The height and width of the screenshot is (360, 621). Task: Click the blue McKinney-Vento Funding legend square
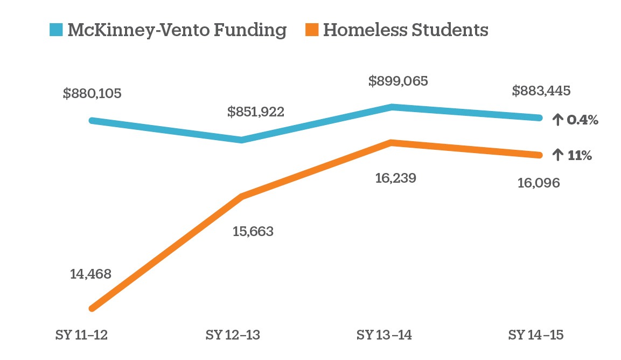click(x=56, y=30)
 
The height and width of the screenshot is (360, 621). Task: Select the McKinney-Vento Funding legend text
click(x=177, y=30)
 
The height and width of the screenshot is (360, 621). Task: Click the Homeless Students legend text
click(x=405, y=30)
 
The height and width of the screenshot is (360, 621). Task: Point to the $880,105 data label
click(x=92, y=93)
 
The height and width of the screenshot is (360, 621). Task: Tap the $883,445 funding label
click(x=541, y=91)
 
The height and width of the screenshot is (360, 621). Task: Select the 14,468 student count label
click(x=90, y=274)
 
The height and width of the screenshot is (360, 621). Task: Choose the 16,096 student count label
click(x=539, y=183)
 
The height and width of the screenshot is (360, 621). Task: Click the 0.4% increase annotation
click(x=576, y=120)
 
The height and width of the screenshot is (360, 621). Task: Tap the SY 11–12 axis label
click(x=81, y=335)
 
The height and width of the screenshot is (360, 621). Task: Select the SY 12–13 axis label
click(x=233, y=335)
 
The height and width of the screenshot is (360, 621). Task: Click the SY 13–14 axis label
click(x=384, y=335)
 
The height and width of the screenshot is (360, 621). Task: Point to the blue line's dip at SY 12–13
click(x=242, y=140)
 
